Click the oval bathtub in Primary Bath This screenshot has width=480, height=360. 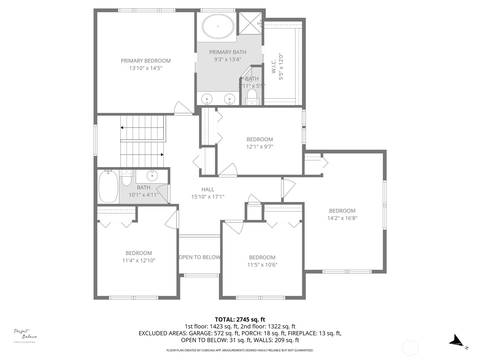218,26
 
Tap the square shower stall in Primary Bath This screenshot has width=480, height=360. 250,23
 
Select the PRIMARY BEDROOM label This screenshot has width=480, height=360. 145,61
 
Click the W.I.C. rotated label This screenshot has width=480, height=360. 274,66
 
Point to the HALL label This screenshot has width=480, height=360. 208,189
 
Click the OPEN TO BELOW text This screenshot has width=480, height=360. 199,257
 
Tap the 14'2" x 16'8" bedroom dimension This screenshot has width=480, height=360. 342,218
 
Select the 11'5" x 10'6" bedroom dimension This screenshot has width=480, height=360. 262,265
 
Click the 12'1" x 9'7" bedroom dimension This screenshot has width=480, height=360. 260,147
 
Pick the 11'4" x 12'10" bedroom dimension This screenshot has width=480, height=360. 139,260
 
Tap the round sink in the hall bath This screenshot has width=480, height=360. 152,176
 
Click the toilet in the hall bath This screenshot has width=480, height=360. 127,179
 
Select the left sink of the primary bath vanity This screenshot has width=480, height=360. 207,99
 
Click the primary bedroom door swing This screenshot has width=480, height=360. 182,108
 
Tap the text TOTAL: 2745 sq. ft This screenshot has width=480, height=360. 240,319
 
